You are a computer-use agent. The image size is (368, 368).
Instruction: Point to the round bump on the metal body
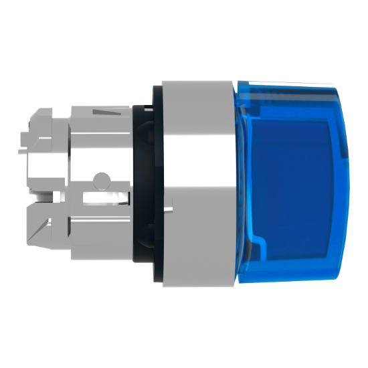(101, 179)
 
